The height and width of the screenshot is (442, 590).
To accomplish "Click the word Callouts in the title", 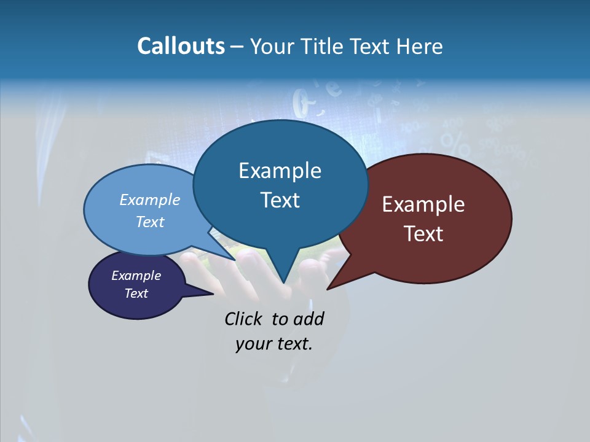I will pyautogui.click(x=181, y=46).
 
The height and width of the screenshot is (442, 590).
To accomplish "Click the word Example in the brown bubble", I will pyautogui.click(x=423, y=204).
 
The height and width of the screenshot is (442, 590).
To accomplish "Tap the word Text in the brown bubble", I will pyautogui.click(x=423, y=234).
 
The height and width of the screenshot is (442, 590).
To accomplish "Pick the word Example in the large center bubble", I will pyautogui.click(x=280, y=171).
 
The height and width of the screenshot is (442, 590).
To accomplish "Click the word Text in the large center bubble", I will pyautogui.click(x=280, y=200).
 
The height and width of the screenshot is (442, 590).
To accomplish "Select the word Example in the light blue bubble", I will pyautogui.click(x=150, y=200).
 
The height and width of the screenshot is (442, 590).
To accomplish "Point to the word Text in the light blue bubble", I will pyautogui.click(x=150, y=222).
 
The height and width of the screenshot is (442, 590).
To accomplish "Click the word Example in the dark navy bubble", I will pyautogui.click(x=136, y=276).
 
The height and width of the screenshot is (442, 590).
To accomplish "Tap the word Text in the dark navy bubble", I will pyautogui.click(x=136, y=293).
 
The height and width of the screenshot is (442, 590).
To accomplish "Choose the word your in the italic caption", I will pyautogui.click(x=252, y=344).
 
